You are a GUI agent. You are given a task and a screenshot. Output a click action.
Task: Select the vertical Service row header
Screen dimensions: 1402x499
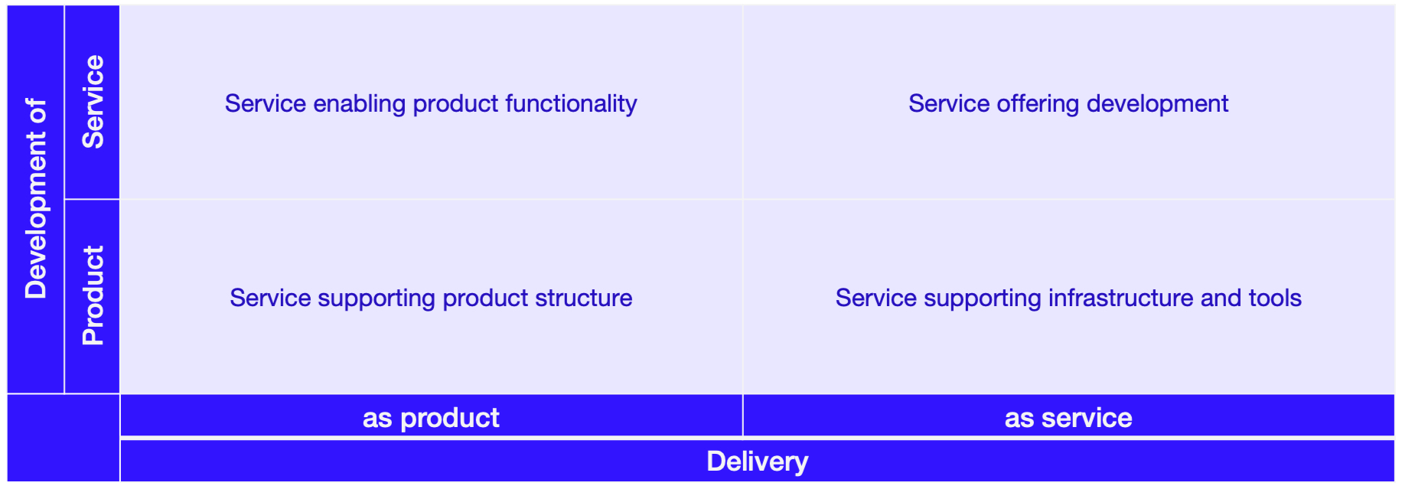point(93,102)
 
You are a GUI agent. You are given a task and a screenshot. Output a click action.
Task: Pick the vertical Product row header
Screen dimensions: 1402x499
point(93,295)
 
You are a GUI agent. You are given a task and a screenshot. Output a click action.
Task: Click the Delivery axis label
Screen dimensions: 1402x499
point(758,461)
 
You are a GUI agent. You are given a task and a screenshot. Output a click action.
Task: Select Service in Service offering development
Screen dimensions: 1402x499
point(939,103)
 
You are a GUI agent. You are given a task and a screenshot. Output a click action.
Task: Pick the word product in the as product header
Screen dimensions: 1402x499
point(450,419)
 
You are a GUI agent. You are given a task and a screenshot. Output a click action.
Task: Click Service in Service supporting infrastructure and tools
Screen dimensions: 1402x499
point(866,298)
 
